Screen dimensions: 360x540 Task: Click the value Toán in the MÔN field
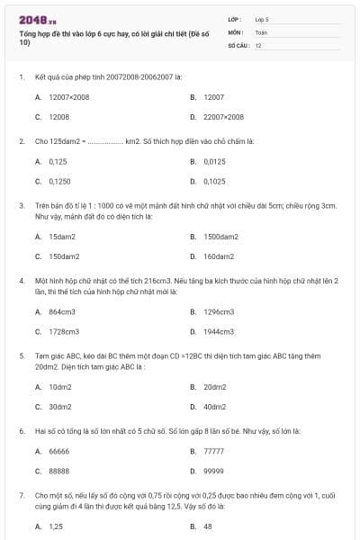click(261, 31)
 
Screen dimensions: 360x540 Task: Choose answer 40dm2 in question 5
click(215, 407)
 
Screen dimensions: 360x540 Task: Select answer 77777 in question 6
click(214, 451)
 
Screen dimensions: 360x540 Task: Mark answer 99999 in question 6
click(214, 471)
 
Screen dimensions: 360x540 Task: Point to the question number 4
click(21, 281)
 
